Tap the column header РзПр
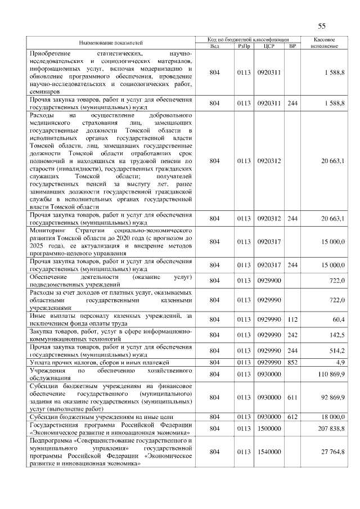tap(244, 46)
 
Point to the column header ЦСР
tap(268, 46)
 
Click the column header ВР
tap(292, 46)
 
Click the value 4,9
tap(340, 363)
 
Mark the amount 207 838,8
tap(331, 429)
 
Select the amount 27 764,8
tap(332, 452)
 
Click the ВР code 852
tap(292, 363)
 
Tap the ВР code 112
tap(292, 319)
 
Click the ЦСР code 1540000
tap(268, 452)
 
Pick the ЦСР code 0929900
tap(268, 280)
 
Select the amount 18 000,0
tap(332, 417)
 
